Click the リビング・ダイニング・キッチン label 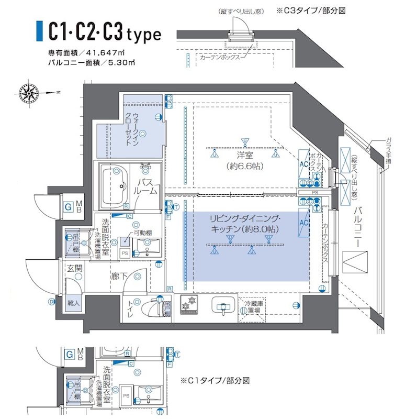pos(244,224)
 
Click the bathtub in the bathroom pos(114,186)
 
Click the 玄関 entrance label pos(74,269)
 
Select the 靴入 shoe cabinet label pos(73,303)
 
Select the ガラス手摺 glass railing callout pos(388,150)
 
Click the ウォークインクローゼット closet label pos(135,129)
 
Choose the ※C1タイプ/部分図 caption pos(215,381)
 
